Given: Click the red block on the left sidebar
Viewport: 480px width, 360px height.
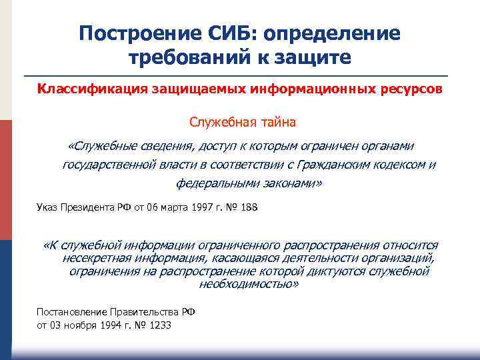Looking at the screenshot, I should point(6,180).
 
